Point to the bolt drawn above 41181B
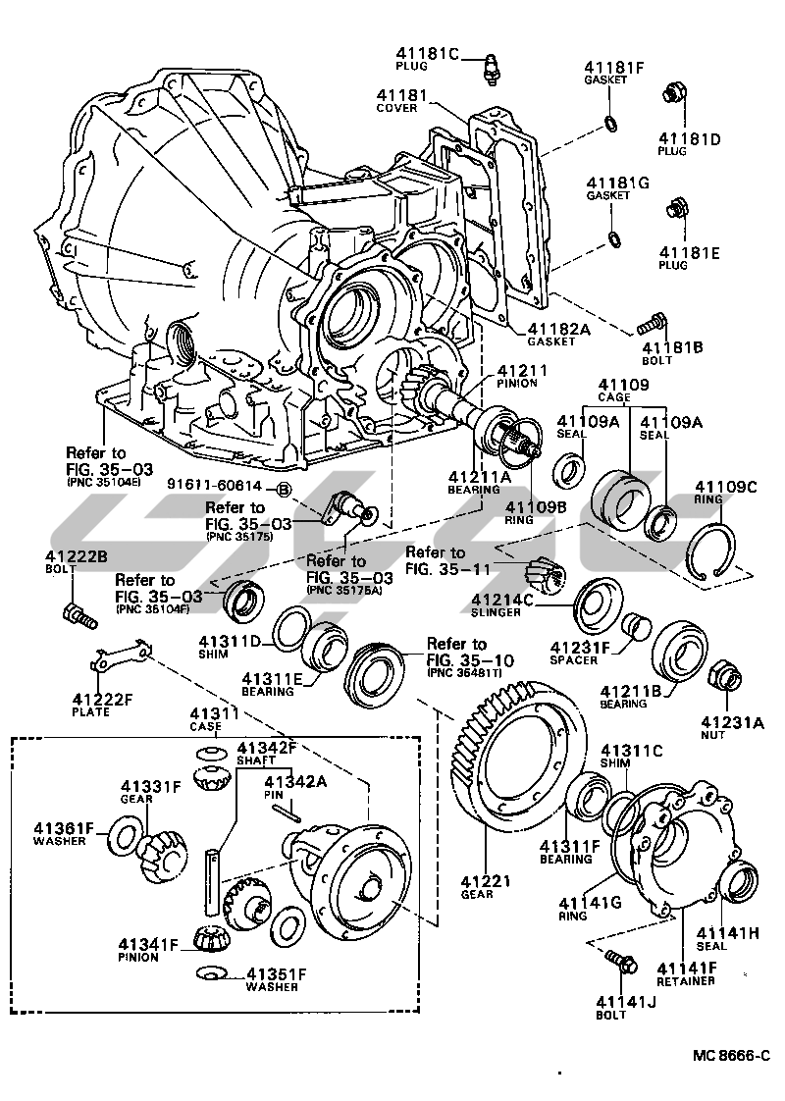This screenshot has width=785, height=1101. [652, 322]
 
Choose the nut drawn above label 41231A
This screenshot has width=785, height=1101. [724, 672]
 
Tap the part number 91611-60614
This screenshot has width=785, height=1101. [214, 487]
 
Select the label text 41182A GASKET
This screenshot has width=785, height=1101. [558, 334]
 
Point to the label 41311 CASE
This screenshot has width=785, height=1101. [207, 719]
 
